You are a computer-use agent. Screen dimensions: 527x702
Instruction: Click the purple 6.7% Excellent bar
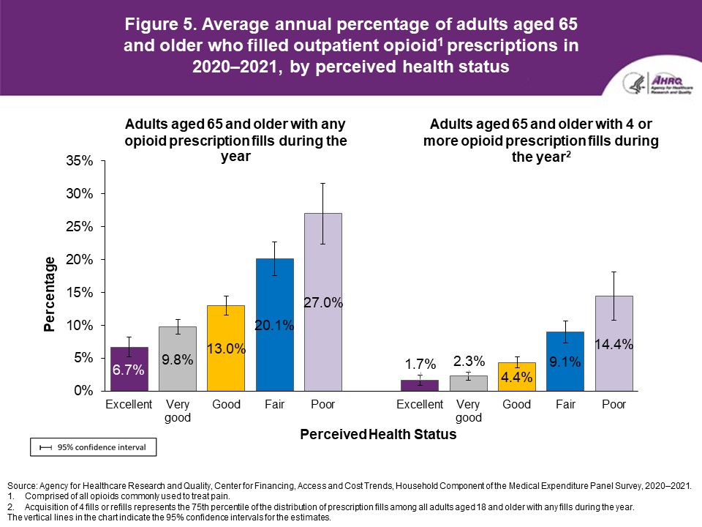click(129, 369)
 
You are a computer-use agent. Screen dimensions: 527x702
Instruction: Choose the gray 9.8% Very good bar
click(177, 359)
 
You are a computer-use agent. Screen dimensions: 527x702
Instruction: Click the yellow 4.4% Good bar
click(516, 376)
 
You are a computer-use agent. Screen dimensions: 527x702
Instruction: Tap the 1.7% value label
click(420, 364)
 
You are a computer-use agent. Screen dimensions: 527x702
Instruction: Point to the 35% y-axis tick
click(79, 161)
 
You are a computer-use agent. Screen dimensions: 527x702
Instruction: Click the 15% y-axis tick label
click(79, 292)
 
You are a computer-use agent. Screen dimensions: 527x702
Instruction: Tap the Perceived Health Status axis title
click(378, 435)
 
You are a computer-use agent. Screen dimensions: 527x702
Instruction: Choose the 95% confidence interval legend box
click(93, 446)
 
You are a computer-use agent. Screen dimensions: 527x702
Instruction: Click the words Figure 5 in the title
click(160, 24)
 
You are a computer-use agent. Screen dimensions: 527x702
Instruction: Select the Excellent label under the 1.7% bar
click(420, 405)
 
